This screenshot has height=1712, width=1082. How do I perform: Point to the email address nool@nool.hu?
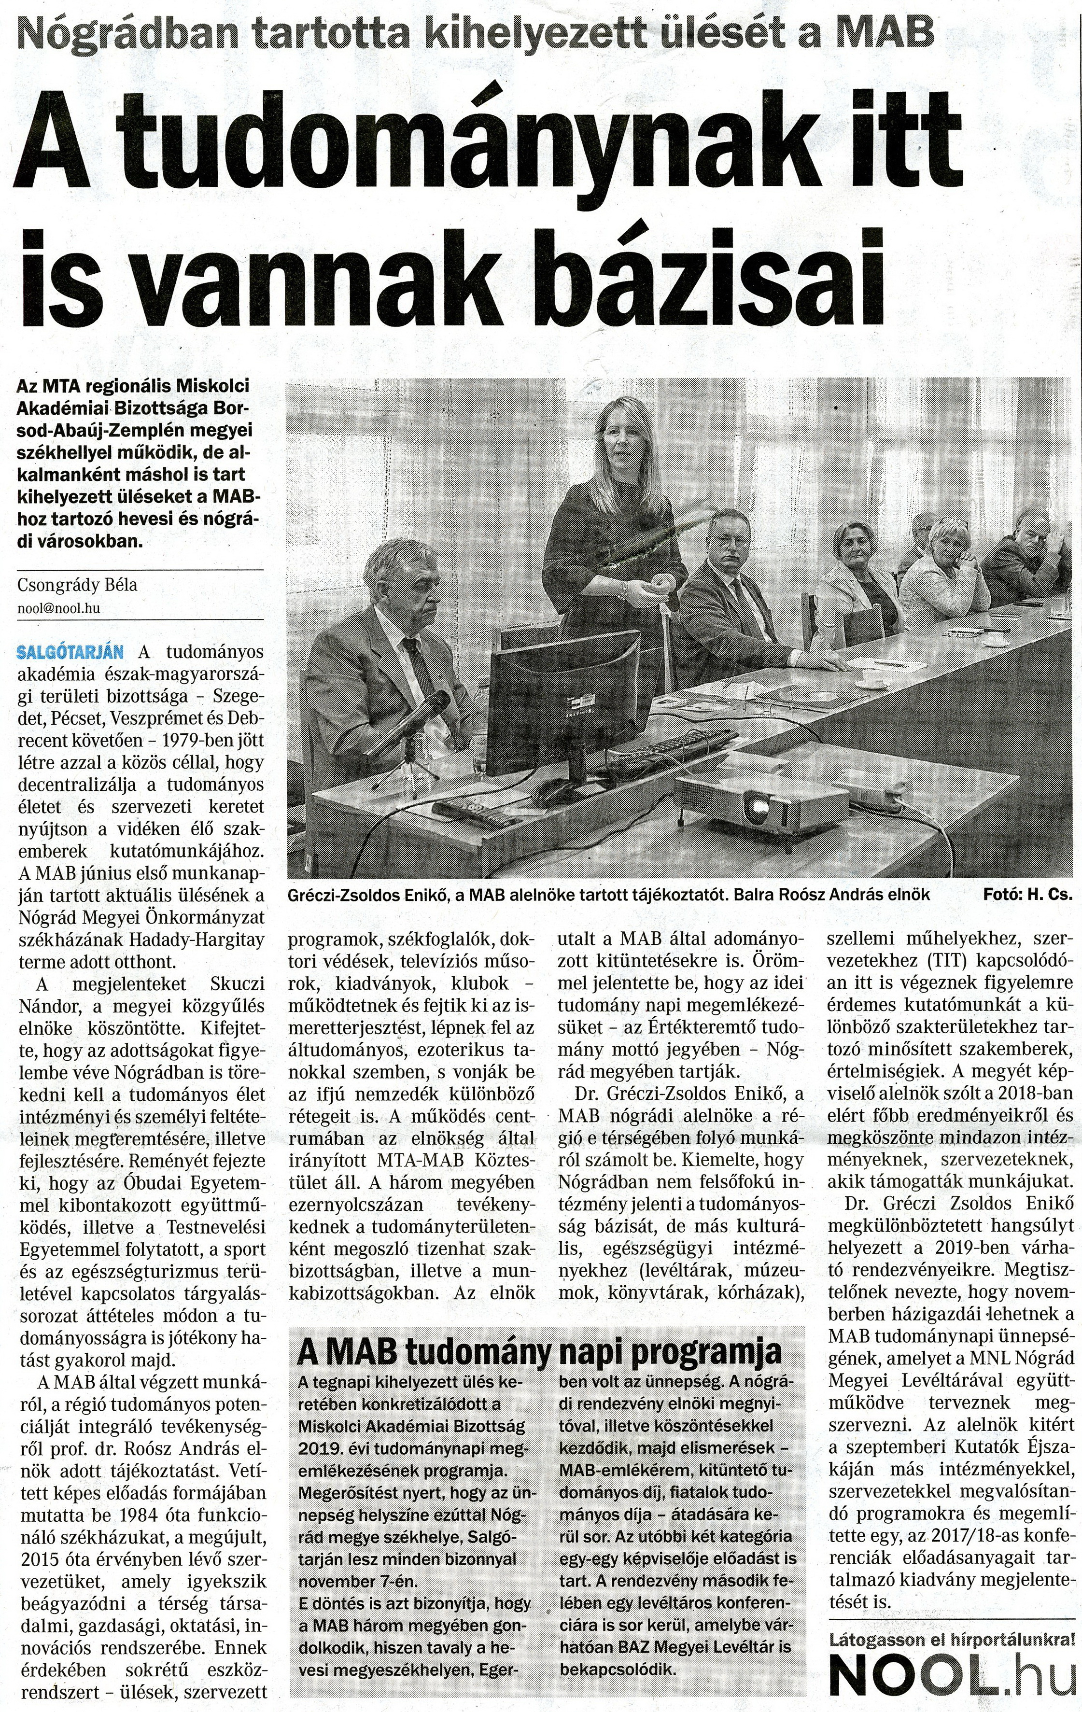[58, 609]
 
